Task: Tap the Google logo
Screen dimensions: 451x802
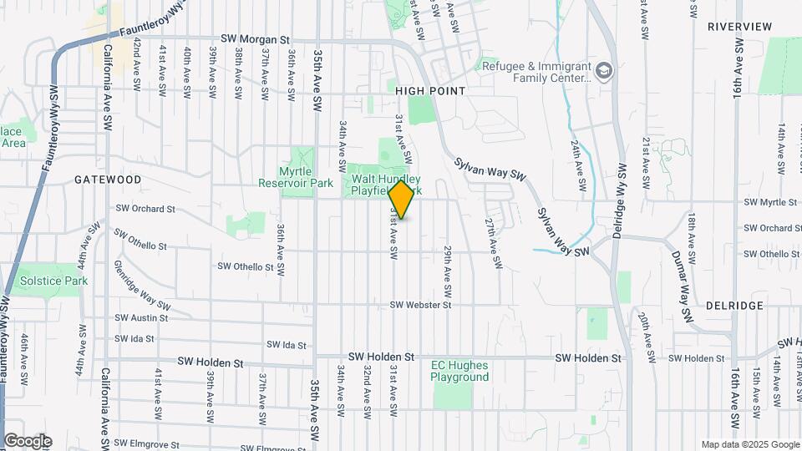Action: pos(28,441)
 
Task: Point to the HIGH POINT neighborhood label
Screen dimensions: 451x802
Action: pos(430,90)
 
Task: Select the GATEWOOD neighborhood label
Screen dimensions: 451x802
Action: pos(108,180)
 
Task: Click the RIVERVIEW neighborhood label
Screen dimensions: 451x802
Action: pos(739,27)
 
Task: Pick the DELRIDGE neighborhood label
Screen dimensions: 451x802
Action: pos(734,306)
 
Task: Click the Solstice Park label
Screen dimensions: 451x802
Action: pos(53,281)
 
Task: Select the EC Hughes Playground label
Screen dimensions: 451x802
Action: pos(459,371)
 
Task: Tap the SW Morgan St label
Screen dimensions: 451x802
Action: pos(255,39)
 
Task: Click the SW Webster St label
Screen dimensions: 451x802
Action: pos(420,306)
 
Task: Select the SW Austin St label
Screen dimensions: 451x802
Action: pos(141,317)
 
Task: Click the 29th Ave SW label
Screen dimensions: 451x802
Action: pos(448,274)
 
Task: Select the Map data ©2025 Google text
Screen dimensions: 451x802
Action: pos(749,444)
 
